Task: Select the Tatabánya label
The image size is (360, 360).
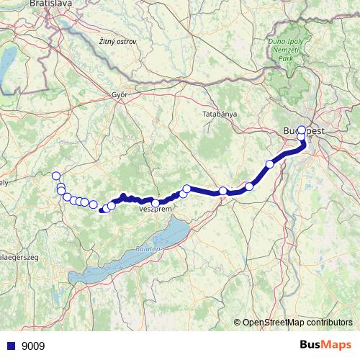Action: click(217, 114)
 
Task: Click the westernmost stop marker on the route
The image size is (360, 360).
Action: click(55, 176)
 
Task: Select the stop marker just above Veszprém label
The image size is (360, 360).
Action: click(156, 202)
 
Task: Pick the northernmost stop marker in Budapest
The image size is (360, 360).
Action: click(302, 130)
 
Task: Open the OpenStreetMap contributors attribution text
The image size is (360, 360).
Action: click(297, 323)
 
